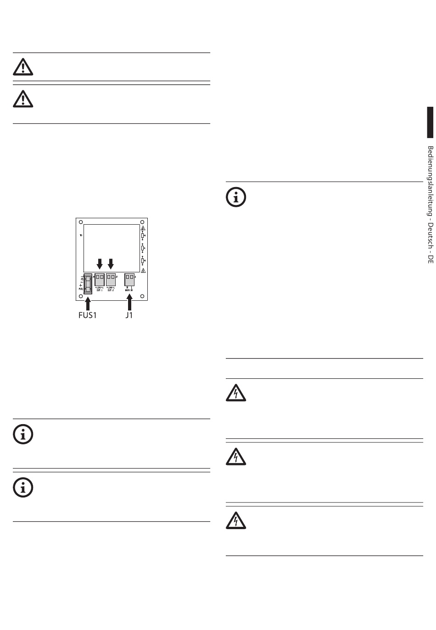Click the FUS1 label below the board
89,315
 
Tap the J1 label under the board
129,315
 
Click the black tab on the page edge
430,122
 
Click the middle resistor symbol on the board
143,248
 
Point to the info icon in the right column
236,197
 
